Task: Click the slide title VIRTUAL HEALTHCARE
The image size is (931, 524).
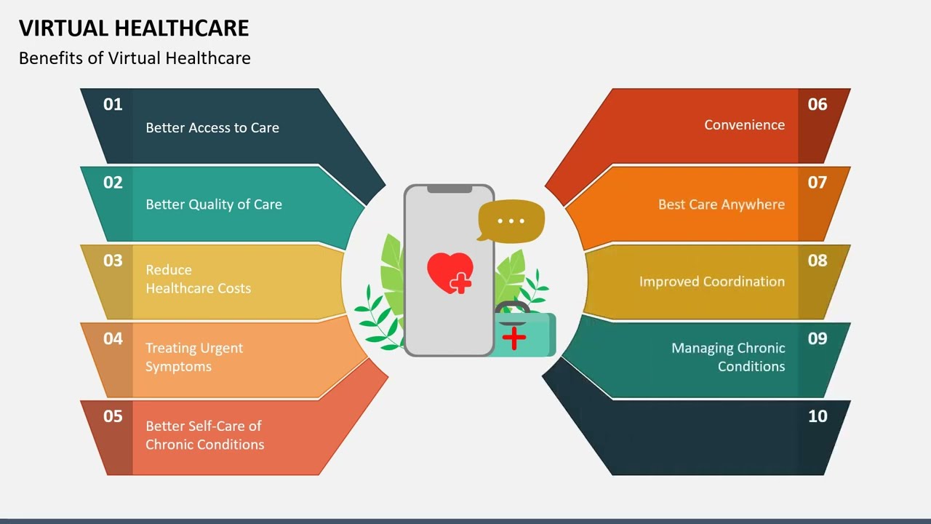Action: click(x=134, y=28)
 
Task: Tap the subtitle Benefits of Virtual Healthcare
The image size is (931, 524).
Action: click(x=135, y=58)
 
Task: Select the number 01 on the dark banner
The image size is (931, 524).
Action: click(x=113, y=104)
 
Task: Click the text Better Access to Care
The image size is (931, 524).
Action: click(x=212, y=127)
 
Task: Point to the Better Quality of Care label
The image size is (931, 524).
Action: click(x=214, y=205)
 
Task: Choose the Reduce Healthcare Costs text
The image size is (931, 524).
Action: click(x=198, y=279)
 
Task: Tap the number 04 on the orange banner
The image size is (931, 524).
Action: click(x=113, y=338)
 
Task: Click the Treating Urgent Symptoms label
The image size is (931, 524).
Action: click(x=194, y=357)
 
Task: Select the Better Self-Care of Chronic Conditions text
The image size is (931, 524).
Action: click(x=204, y=434)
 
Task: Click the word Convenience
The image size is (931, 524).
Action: click(x=744, y=124)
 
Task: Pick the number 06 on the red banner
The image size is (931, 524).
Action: click(x=818, y=104)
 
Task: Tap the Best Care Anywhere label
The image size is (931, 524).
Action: click(x=721, y=205)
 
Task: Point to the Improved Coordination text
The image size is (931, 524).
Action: click(x=711, y=282)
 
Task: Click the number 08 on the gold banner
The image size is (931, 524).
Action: click(x=818, y=261)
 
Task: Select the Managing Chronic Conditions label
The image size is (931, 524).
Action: click(x=728, y=357)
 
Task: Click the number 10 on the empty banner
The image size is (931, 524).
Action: click(x=818, y=416)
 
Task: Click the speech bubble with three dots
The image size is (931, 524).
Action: click(x=511, y=219)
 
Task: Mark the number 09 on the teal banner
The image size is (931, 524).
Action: click(x=818, y=338)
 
